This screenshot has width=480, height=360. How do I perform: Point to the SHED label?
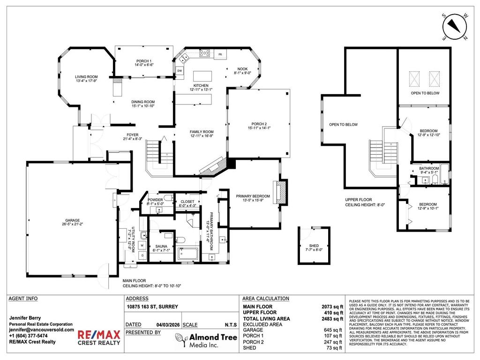(x=314, y=246)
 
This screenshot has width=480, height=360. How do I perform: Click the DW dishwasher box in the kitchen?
(x=180, y=71)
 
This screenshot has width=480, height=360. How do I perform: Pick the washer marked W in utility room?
(x=142, y=244)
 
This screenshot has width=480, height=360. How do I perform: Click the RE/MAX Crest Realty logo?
(x=98, y=337)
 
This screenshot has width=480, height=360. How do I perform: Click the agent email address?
(x=42, y=330)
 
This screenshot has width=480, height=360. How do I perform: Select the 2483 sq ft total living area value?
(x=332, y=319)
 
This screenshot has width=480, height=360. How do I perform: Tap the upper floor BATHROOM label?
(x=429, y=168)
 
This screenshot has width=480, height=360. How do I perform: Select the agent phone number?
(x=28, y=336)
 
